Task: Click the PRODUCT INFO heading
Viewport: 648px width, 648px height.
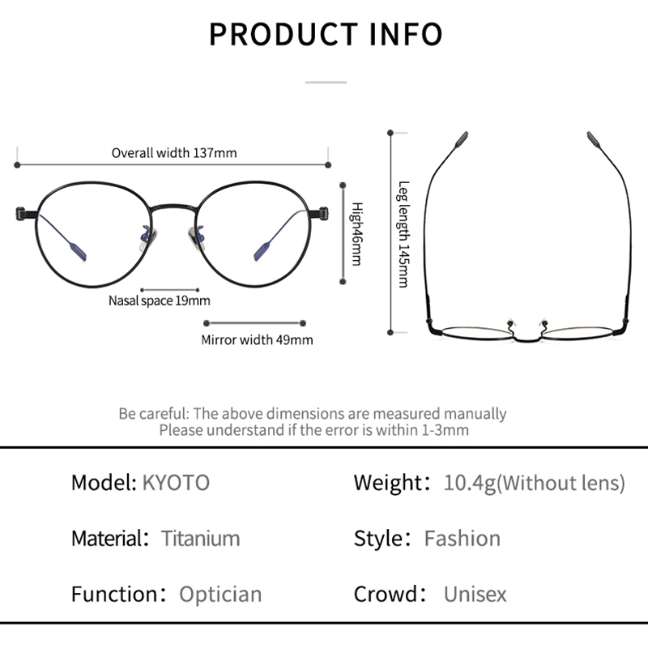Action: pos(326,35)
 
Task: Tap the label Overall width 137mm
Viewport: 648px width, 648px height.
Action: pos(174,152)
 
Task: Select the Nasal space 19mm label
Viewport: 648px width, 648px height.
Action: pos(159,301)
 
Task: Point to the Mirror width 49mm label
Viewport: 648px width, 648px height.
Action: pos(257,339)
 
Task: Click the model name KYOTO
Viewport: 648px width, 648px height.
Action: pos(176,483)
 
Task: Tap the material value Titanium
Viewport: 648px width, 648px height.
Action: pos(200,538)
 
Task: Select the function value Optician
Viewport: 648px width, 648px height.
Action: pos(220,594)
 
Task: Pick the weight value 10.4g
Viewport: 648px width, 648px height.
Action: pos(468,483)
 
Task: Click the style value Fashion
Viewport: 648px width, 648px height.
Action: pos(462,538)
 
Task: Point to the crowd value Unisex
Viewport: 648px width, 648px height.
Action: pos(475,594)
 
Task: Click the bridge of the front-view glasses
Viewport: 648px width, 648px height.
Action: pos(173,207)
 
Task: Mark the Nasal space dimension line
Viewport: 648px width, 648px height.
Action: pos(169,288)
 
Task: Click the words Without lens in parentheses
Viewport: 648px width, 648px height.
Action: pos(563,483)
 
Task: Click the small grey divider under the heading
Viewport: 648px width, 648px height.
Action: pos(326,82)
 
